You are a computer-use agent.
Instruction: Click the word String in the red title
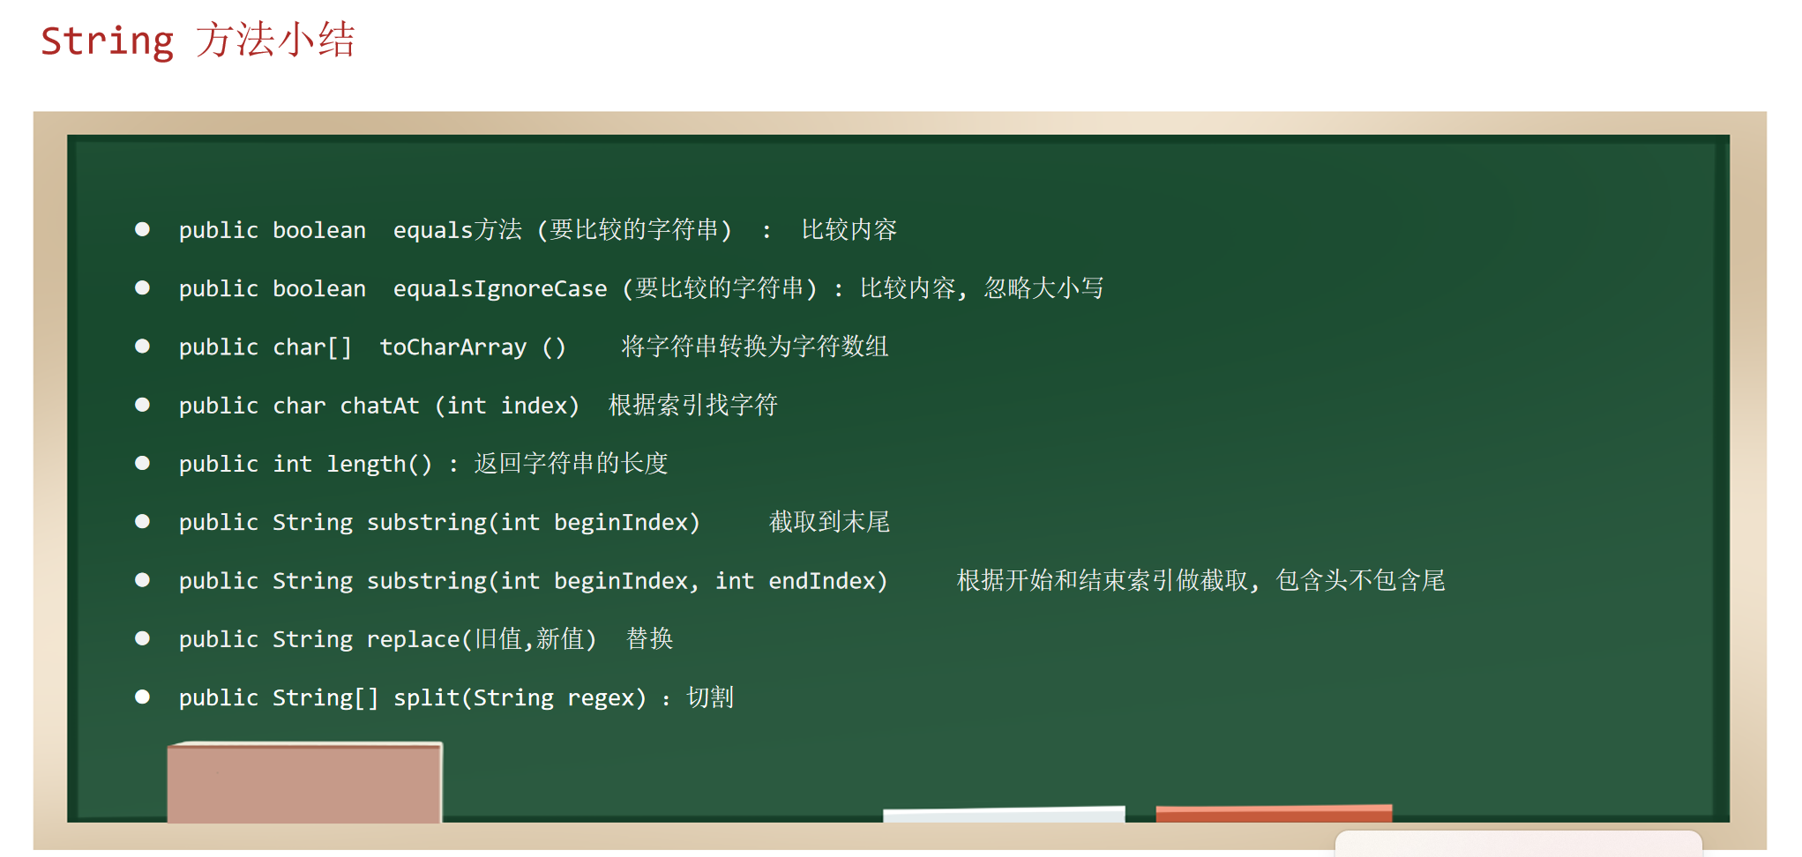(107, 41)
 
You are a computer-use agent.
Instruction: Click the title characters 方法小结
(275, 41)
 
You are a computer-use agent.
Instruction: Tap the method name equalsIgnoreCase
(500, 289)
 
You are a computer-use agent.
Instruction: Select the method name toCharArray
(453, 347)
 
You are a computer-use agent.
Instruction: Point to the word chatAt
(379, 406)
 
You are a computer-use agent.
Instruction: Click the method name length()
(379, 464)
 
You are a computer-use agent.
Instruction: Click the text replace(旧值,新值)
(482, 639)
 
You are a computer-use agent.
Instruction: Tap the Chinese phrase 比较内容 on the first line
(849, 230)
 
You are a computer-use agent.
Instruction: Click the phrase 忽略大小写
(1044, 288)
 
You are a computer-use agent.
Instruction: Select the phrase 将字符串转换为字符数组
(755, 347)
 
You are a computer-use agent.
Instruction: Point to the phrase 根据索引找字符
(693, 406)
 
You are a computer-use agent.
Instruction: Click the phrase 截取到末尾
(829, 522)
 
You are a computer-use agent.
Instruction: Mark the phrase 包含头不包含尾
(1360, 580)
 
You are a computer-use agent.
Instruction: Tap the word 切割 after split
(710, 697)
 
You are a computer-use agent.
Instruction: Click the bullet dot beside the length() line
(142, 463)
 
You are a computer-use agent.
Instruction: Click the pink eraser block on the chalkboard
(304, 783)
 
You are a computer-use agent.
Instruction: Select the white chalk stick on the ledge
(1004, 815)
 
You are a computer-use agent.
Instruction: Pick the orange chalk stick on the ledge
(1274, 813)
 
